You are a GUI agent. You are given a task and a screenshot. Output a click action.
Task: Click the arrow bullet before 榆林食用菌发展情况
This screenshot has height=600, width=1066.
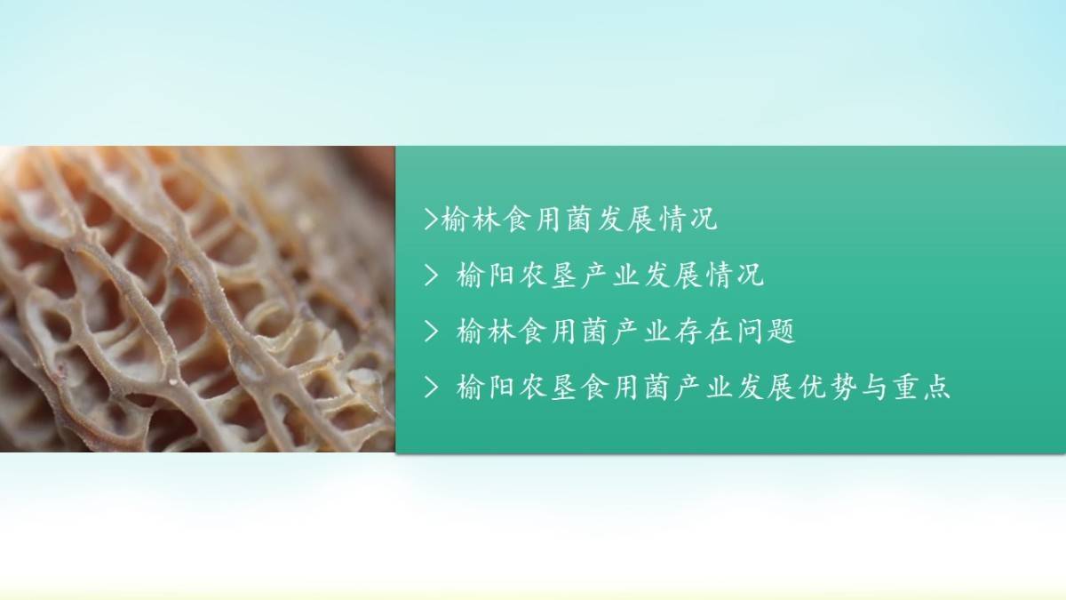(x=431, y=219)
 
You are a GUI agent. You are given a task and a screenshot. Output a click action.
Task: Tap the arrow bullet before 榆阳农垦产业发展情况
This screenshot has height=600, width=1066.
(x=431, y=275)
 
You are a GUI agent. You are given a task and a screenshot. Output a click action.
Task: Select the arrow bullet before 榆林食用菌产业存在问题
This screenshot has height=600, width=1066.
(x=431, y=331)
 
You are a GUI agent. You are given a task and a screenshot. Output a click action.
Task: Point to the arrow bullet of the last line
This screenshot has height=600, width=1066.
(x=431, y=387)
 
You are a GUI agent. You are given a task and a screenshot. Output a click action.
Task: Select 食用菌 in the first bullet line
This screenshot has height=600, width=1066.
(x=549, y=220)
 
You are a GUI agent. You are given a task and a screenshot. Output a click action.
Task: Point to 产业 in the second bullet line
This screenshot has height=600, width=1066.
(x=610, y=276)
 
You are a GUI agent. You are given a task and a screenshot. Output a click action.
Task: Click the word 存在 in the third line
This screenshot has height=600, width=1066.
(x=704, y=331)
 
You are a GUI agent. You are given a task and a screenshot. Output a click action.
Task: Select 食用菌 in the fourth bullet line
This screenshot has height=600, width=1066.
(x=625, y=388)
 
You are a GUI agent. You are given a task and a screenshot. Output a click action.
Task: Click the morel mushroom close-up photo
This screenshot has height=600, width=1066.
(x=197, y=299)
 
